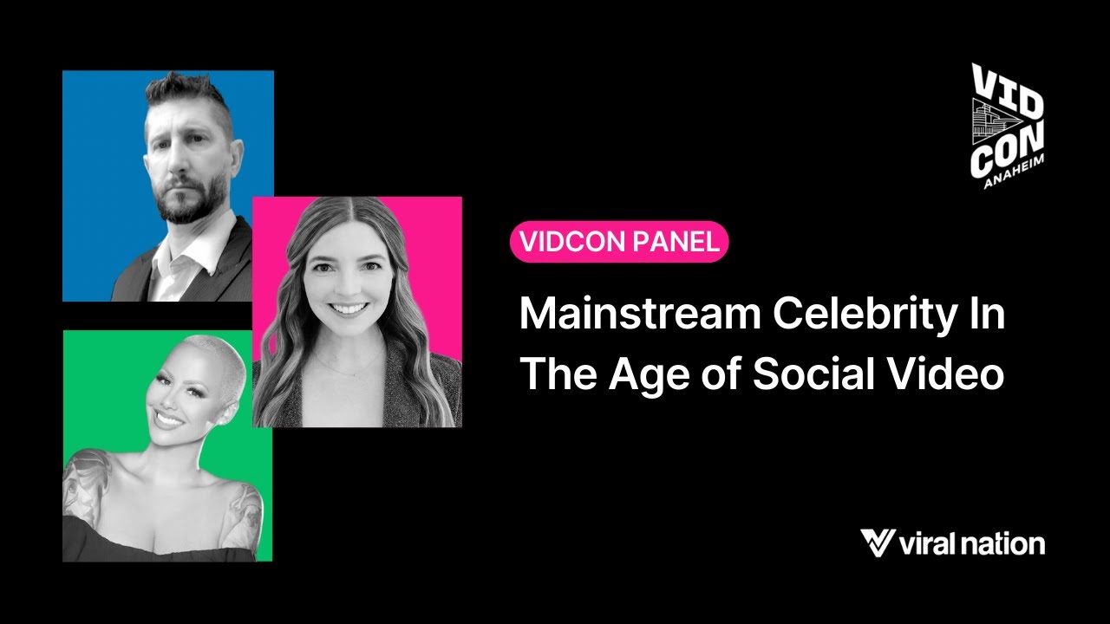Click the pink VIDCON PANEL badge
tap(618, 242)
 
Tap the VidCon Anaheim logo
tap(1006, 126)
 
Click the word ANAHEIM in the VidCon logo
tap(1015, 173)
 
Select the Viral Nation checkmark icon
tap(877, 543)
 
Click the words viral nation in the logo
tap(971, 544)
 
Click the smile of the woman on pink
tap(349, 308)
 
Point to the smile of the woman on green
tap(169, 419)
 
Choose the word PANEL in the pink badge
tap(676, 242)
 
